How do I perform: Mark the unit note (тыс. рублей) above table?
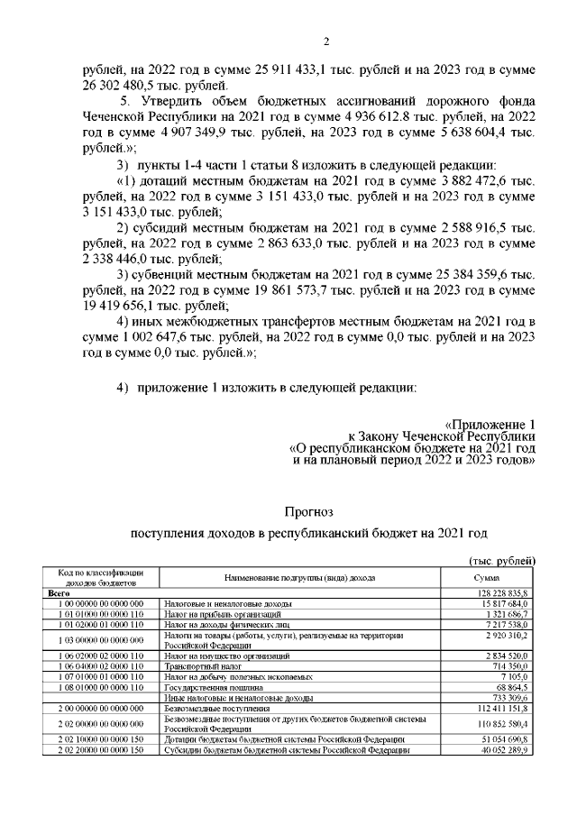pyautogui.click(x=504, y=561)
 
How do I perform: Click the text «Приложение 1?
pyautogui.click(x=491, y=424)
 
